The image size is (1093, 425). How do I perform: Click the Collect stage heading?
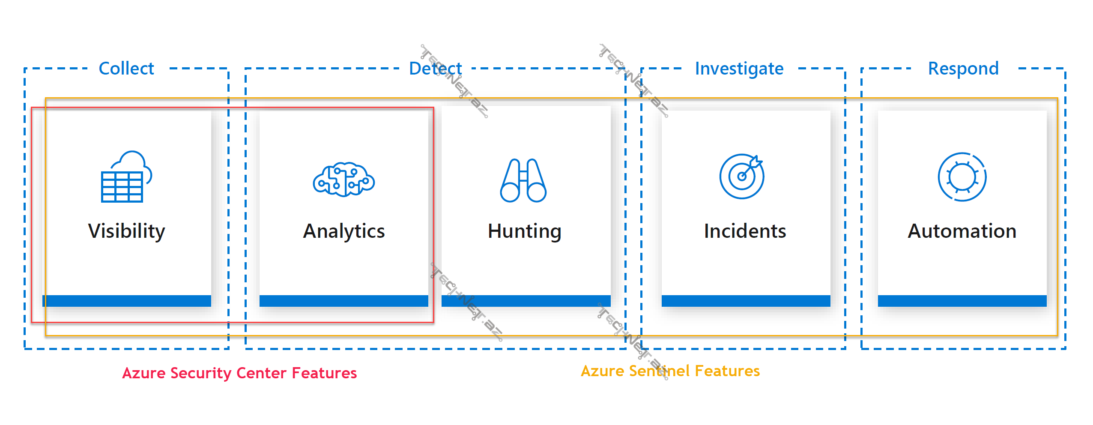click(126, 69)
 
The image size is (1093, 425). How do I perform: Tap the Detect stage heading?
click(435, 69)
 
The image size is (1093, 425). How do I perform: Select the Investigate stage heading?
click(739, 69)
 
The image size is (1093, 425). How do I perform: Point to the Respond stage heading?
click(963, 69)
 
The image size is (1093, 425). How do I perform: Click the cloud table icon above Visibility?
click(126, 177)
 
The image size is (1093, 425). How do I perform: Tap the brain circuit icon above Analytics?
click(344, 179)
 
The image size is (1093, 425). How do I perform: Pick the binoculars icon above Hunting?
click(523, 180)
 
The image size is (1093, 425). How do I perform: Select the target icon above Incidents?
click(742, 176)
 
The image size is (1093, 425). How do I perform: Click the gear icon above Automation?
click(962, 177)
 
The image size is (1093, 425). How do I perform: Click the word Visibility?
click(127, 231)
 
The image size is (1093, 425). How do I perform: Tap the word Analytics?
click(344, 231)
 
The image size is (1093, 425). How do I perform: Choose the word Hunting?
click(525, 231)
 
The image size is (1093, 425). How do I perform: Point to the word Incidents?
click(745, 231)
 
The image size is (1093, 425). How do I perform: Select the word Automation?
click(962, 231)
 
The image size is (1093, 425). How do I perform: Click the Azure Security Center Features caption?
click(239, 373)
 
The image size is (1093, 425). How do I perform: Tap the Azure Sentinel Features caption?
click(670, 371)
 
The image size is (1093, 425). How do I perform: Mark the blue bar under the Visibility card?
click(127, 301)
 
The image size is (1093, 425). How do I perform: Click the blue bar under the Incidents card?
click(746, 301)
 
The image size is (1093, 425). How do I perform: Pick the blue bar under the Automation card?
click(962, 301)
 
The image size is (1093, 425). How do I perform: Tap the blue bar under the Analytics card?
click(344, 301)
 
